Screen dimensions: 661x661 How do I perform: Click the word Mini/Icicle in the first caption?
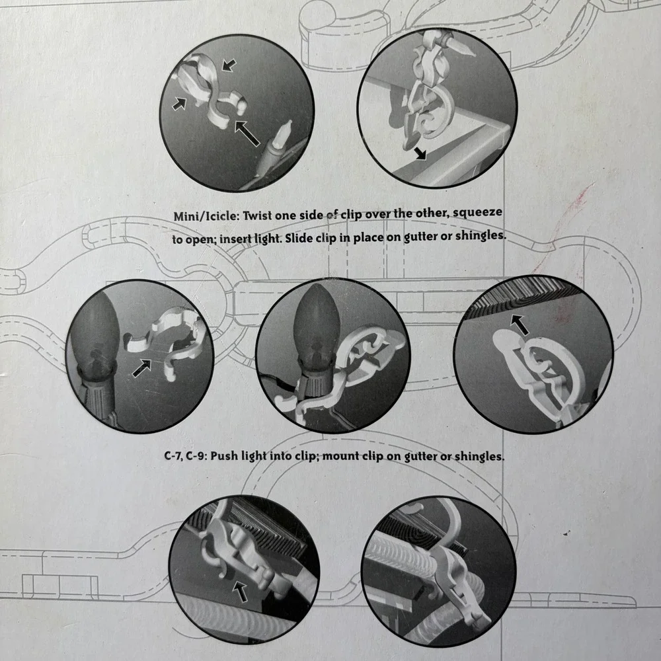pos(206,216)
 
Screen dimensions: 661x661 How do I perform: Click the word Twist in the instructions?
pos(258,215)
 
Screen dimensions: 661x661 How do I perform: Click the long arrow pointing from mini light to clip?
pos(247,133)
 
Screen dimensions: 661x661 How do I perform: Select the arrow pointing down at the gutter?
pos(420,153)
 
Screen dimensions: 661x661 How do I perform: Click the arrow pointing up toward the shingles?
pos(520,325)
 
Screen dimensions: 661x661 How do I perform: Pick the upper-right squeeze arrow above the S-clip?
pos(229,65)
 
